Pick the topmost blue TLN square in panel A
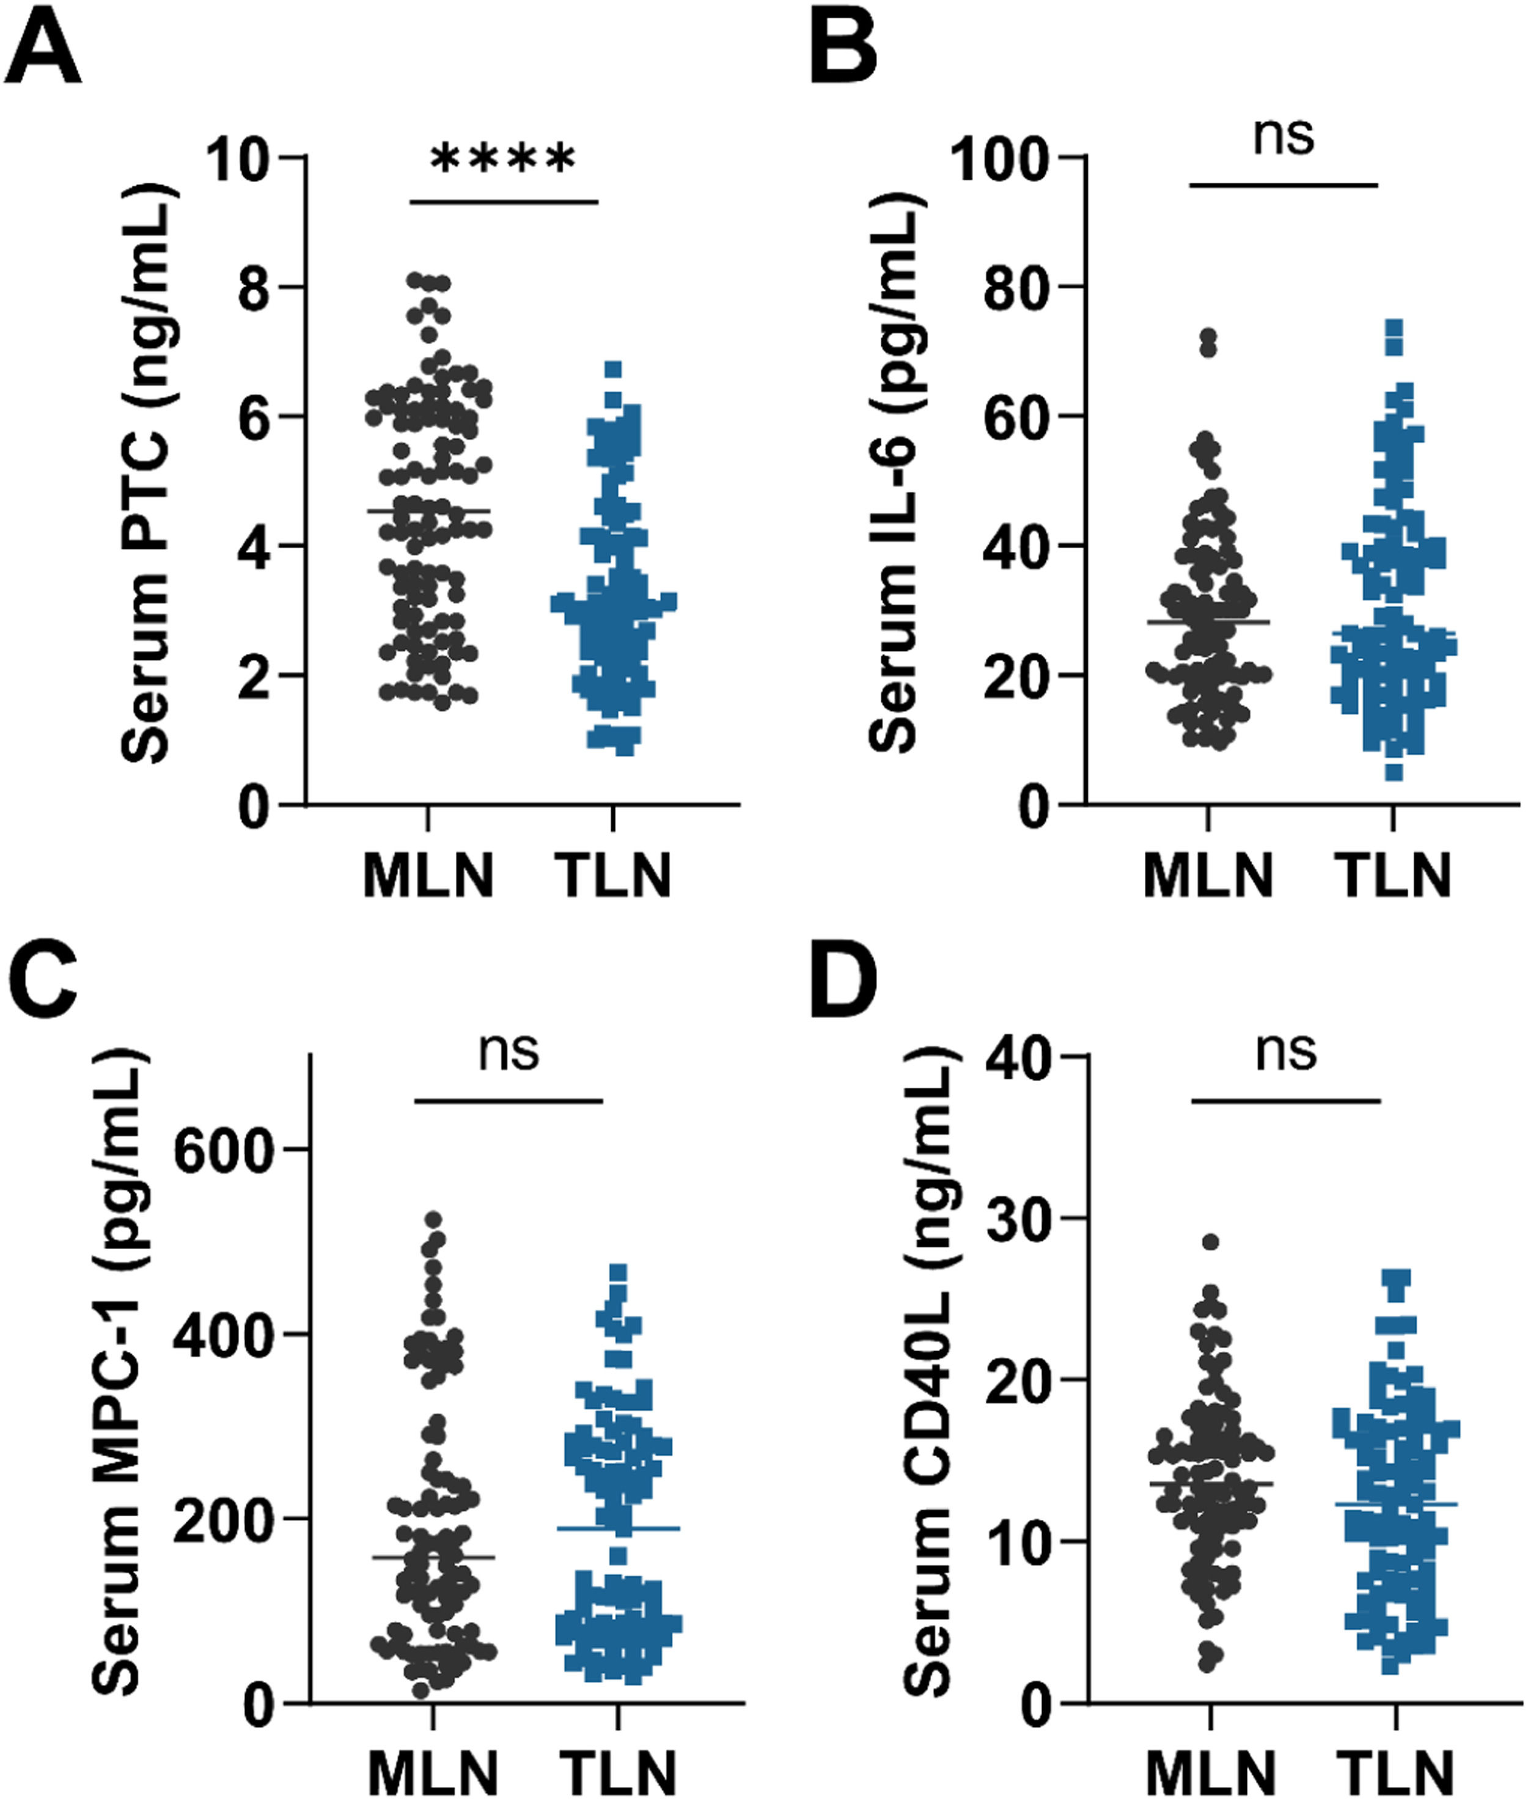[613, 370]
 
